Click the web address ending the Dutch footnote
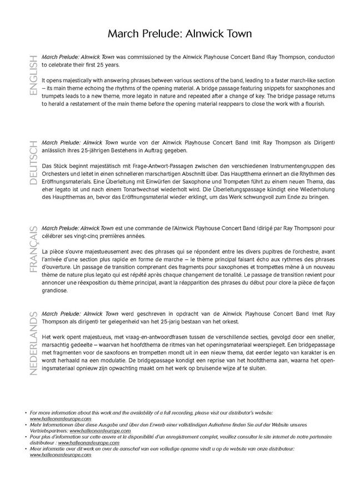click(x=61, y=454)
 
